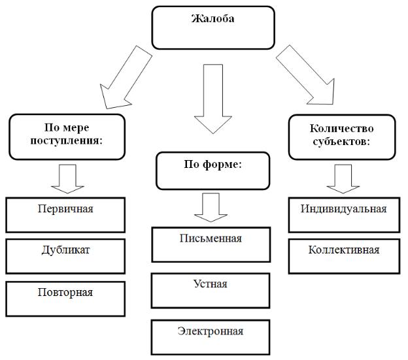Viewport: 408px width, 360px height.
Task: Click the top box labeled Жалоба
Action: [212, 28]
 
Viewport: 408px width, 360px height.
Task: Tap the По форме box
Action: [213, 170]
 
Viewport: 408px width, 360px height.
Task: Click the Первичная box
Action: [65, 214]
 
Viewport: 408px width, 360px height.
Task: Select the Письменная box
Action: [211, 244]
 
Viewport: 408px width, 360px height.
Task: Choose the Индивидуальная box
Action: [344, 214]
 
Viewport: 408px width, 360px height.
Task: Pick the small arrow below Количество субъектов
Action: [343, 178]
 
